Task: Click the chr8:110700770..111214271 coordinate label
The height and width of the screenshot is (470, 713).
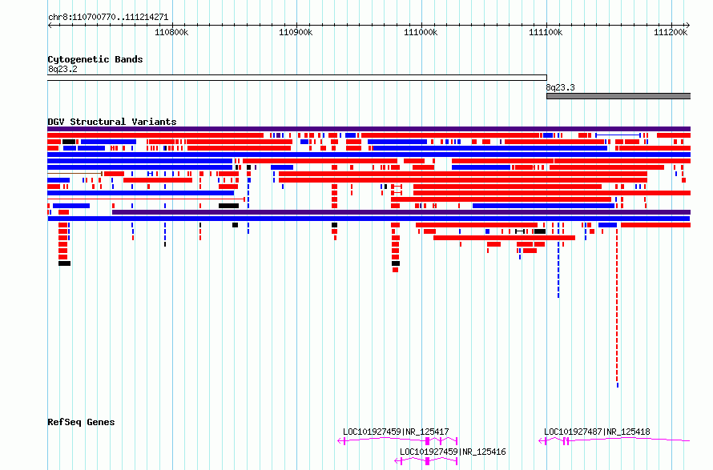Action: (x=108, y=18)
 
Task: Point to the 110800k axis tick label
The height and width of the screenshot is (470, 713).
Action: (x=171, y=32)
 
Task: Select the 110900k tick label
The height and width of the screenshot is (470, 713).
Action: (x=296, y=32)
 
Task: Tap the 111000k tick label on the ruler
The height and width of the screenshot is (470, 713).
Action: (x=421, y=32)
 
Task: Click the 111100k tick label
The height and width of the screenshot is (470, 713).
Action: (x=546, y=32)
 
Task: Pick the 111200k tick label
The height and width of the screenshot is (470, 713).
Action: (x=671, y=32)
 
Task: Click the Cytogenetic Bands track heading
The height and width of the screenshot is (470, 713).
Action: (x=95, y=59)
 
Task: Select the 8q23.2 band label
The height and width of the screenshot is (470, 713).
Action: (x=62, y=69)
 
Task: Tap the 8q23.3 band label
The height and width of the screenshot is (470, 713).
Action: (x=560, y=87)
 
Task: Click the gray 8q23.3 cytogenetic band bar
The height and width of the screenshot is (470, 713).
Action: (x=618, y=96)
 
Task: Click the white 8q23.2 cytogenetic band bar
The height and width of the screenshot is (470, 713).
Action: (x=297, y=78)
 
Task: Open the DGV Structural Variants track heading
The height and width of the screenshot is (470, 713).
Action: (x=112, y=122)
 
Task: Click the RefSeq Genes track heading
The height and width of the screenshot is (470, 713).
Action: (x=81, y=422)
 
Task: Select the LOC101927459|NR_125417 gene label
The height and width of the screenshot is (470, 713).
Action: (x=396, y=432)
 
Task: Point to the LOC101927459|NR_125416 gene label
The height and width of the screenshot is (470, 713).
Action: (x=453, y=452)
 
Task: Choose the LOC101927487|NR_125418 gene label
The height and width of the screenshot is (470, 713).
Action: (x=597, y=432)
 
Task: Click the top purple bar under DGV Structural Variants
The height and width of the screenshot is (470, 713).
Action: (x=369, y=129)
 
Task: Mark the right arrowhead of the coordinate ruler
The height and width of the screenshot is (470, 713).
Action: (x=688, y=26)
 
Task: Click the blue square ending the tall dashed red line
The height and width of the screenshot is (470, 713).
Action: (x=617, y=385)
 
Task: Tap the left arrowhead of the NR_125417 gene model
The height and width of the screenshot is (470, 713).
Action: (x=339, y=440)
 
